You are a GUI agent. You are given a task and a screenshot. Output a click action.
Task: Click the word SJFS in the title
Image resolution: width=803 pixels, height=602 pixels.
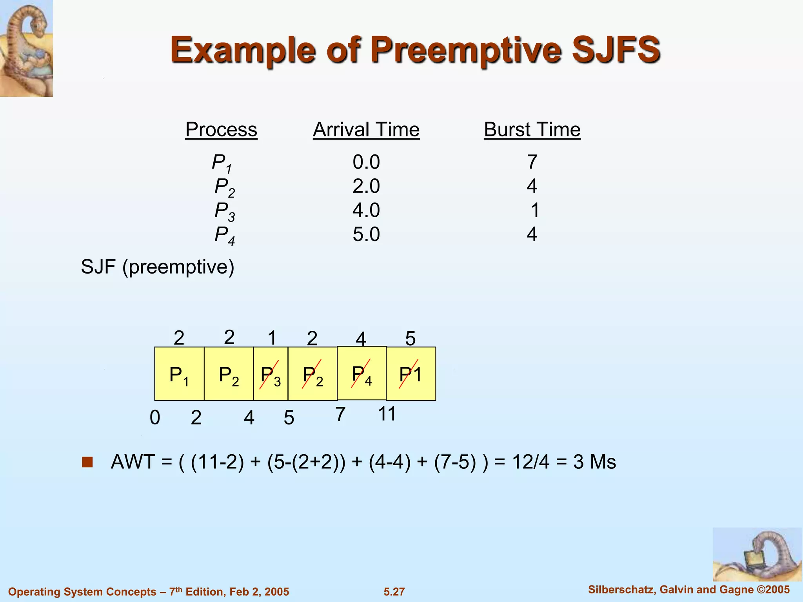click(x=616, y=50)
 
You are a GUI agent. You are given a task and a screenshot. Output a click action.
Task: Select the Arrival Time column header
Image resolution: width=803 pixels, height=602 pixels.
click(x=366, y=130)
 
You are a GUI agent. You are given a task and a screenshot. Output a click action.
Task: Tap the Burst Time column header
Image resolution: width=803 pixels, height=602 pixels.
click(x=532, y=130)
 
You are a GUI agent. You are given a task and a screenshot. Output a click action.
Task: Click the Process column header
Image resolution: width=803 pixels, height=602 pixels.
click(x=221, y=130)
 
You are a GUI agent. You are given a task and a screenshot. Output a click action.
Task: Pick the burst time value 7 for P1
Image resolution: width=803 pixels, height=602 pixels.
click(x=532, y=162)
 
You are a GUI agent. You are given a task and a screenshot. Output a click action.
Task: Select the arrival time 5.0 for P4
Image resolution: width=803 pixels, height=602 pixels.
click(x=366, y=234)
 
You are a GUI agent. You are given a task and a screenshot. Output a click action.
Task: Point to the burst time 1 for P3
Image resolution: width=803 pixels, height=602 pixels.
click(x=535, y=210)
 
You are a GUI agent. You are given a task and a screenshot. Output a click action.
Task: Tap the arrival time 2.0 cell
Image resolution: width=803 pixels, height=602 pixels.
click(x=366, y=186)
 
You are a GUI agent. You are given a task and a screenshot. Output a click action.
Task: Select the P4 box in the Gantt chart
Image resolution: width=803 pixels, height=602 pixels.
click(x=362, y=374)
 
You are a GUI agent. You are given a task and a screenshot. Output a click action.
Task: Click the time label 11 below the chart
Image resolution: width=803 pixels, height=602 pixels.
click(x=387, y=414)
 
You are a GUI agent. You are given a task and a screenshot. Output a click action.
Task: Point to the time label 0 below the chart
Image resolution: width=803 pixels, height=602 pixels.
click(x=155, y=418)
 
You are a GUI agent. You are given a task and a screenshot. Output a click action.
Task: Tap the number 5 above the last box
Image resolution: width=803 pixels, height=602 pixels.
click(x=410, y=339)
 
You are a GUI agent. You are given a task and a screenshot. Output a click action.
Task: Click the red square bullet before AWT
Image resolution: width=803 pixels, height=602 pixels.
click(x=87, y=462)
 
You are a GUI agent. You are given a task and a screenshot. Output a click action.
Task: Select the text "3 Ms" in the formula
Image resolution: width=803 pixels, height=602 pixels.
click(x=594, y=462)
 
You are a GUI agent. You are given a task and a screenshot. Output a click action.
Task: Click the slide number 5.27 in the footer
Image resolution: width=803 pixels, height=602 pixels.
click(x=394, y=592)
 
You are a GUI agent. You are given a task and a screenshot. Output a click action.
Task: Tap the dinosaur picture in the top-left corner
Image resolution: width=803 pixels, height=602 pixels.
click(x=26, y=48)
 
